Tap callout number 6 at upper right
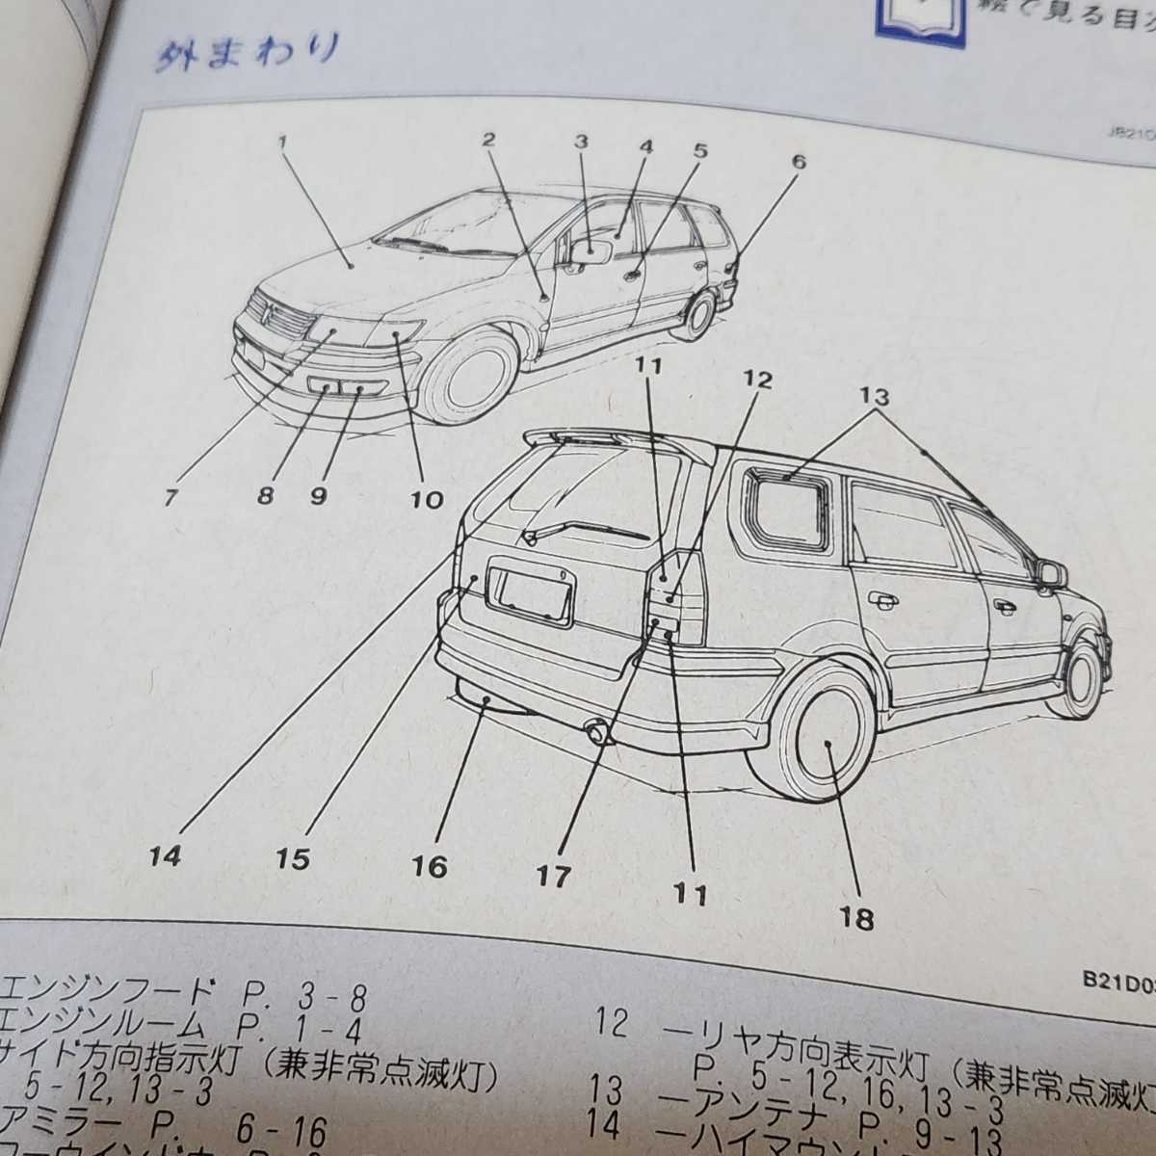pyautogui.click(x=798, y=162)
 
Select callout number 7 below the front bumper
pyautogui.click(x=171, y=497)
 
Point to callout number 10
pyautogui.click(x=427, y=499)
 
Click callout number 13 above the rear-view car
pyautogui.click(x=876, y=396)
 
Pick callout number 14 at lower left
pyautogui.click(x=165, y=855)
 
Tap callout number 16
pyautogui.click(x=430, y=866)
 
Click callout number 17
pyautogui.click(x=554, y=876)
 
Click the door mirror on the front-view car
pyautogui.click(x=591, y=252)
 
